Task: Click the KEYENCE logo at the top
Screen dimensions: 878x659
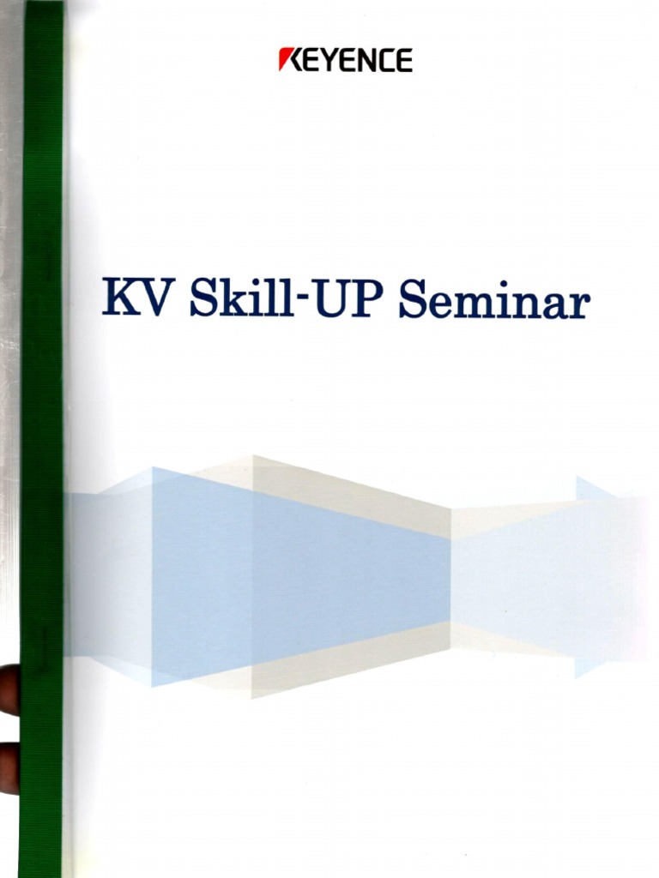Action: (346, 60)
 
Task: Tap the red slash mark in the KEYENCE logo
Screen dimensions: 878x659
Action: (286, 60)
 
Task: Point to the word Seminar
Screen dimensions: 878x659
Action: (495, 300)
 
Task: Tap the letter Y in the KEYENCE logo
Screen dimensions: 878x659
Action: (336, 61)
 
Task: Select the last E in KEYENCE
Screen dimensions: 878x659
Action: (404, 61)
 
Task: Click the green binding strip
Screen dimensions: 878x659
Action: (42, 429)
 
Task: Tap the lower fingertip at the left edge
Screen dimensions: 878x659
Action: (9, 766)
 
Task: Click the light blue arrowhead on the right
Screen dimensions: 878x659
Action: (605, 574)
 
